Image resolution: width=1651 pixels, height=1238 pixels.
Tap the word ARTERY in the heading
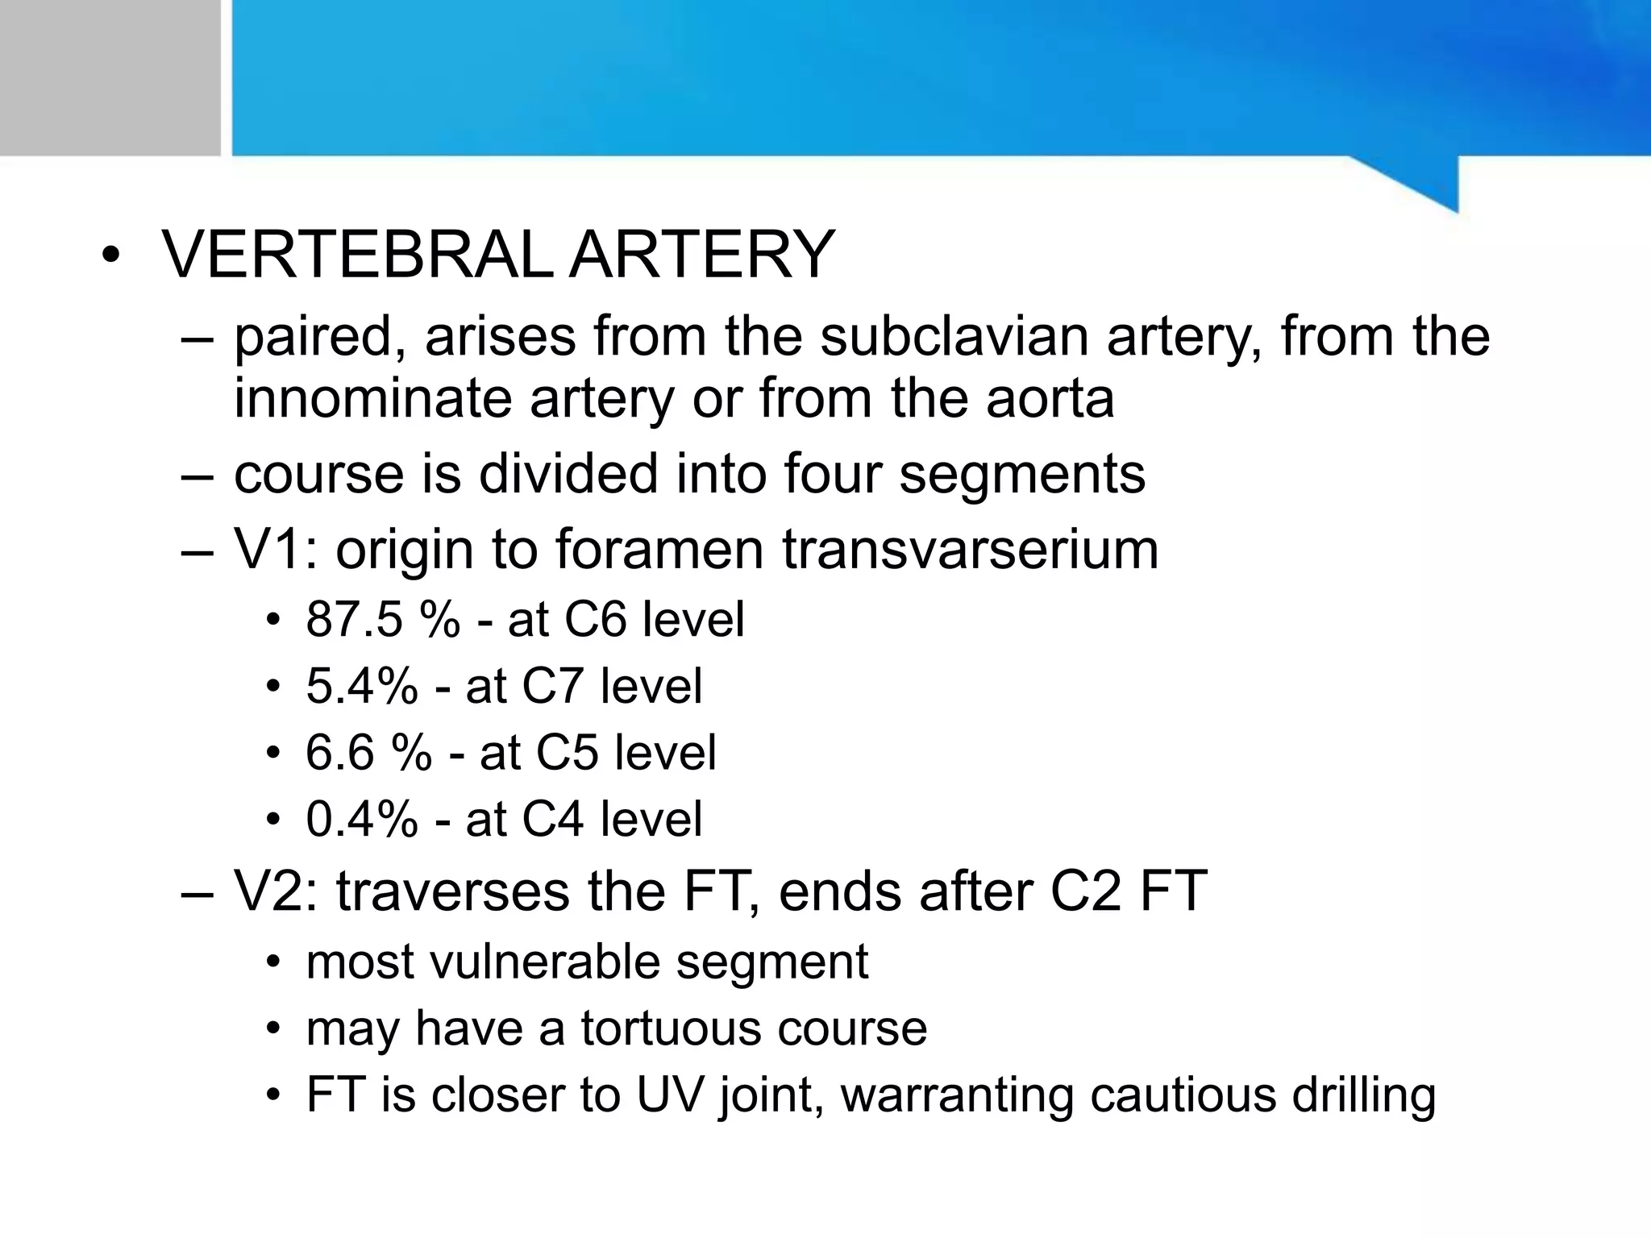pyautogui.click(x=702, y=255)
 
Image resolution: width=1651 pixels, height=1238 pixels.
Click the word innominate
pyautogui.click(x=373, y=398)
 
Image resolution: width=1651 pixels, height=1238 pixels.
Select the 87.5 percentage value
pyautogui.click(x=353, y=620)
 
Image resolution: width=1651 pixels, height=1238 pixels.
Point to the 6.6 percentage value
pyautogui.click(x=339, y=753)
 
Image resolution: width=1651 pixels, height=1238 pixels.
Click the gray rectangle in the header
pyautogui.click(x=110, y=77)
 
